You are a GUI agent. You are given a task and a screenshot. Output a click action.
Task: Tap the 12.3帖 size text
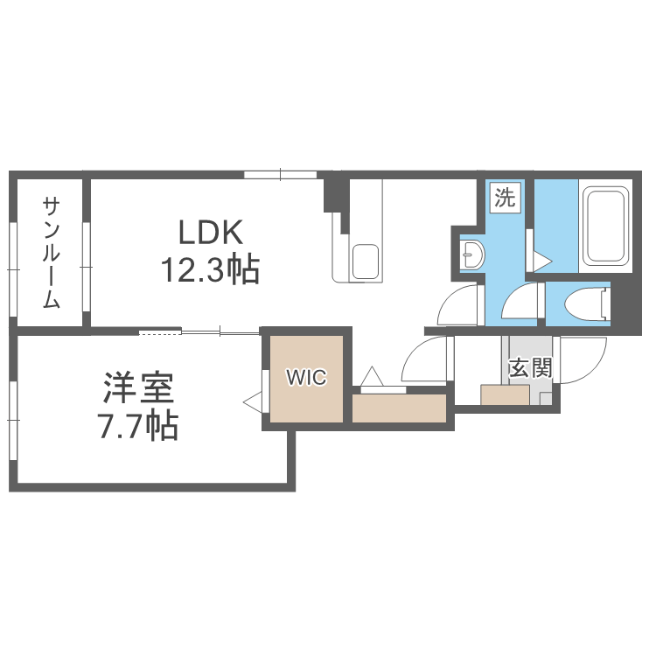tap(209, 270)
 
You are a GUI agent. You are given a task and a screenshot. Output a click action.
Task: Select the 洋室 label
tap(137, 387)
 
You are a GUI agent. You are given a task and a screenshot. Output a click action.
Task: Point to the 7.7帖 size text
tap(137, 426)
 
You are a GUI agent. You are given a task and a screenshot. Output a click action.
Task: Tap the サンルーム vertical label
tap(51, 254)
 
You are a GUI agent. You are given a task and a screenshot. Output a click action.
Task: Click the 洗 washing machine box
tap(505, 197)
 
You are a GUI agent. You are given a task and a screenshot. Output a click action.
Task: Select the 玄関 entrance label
tap(530, 368)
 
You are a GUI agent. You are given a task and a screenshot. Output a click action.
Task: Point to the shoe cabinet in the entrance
tap(505, 395)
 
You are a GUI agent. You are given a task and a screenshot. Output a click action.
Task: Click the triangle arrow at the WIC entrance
tap(255, 403)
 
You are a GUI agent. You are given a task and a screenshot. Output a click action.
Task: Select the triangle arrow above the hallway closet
tap(371, 376)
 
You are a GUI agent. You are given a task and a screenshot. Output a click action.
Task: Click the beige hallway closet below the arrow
tap(398, 408)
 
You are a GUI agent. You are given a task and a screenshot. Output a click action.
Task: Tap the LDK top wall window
tap(280, 174)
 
